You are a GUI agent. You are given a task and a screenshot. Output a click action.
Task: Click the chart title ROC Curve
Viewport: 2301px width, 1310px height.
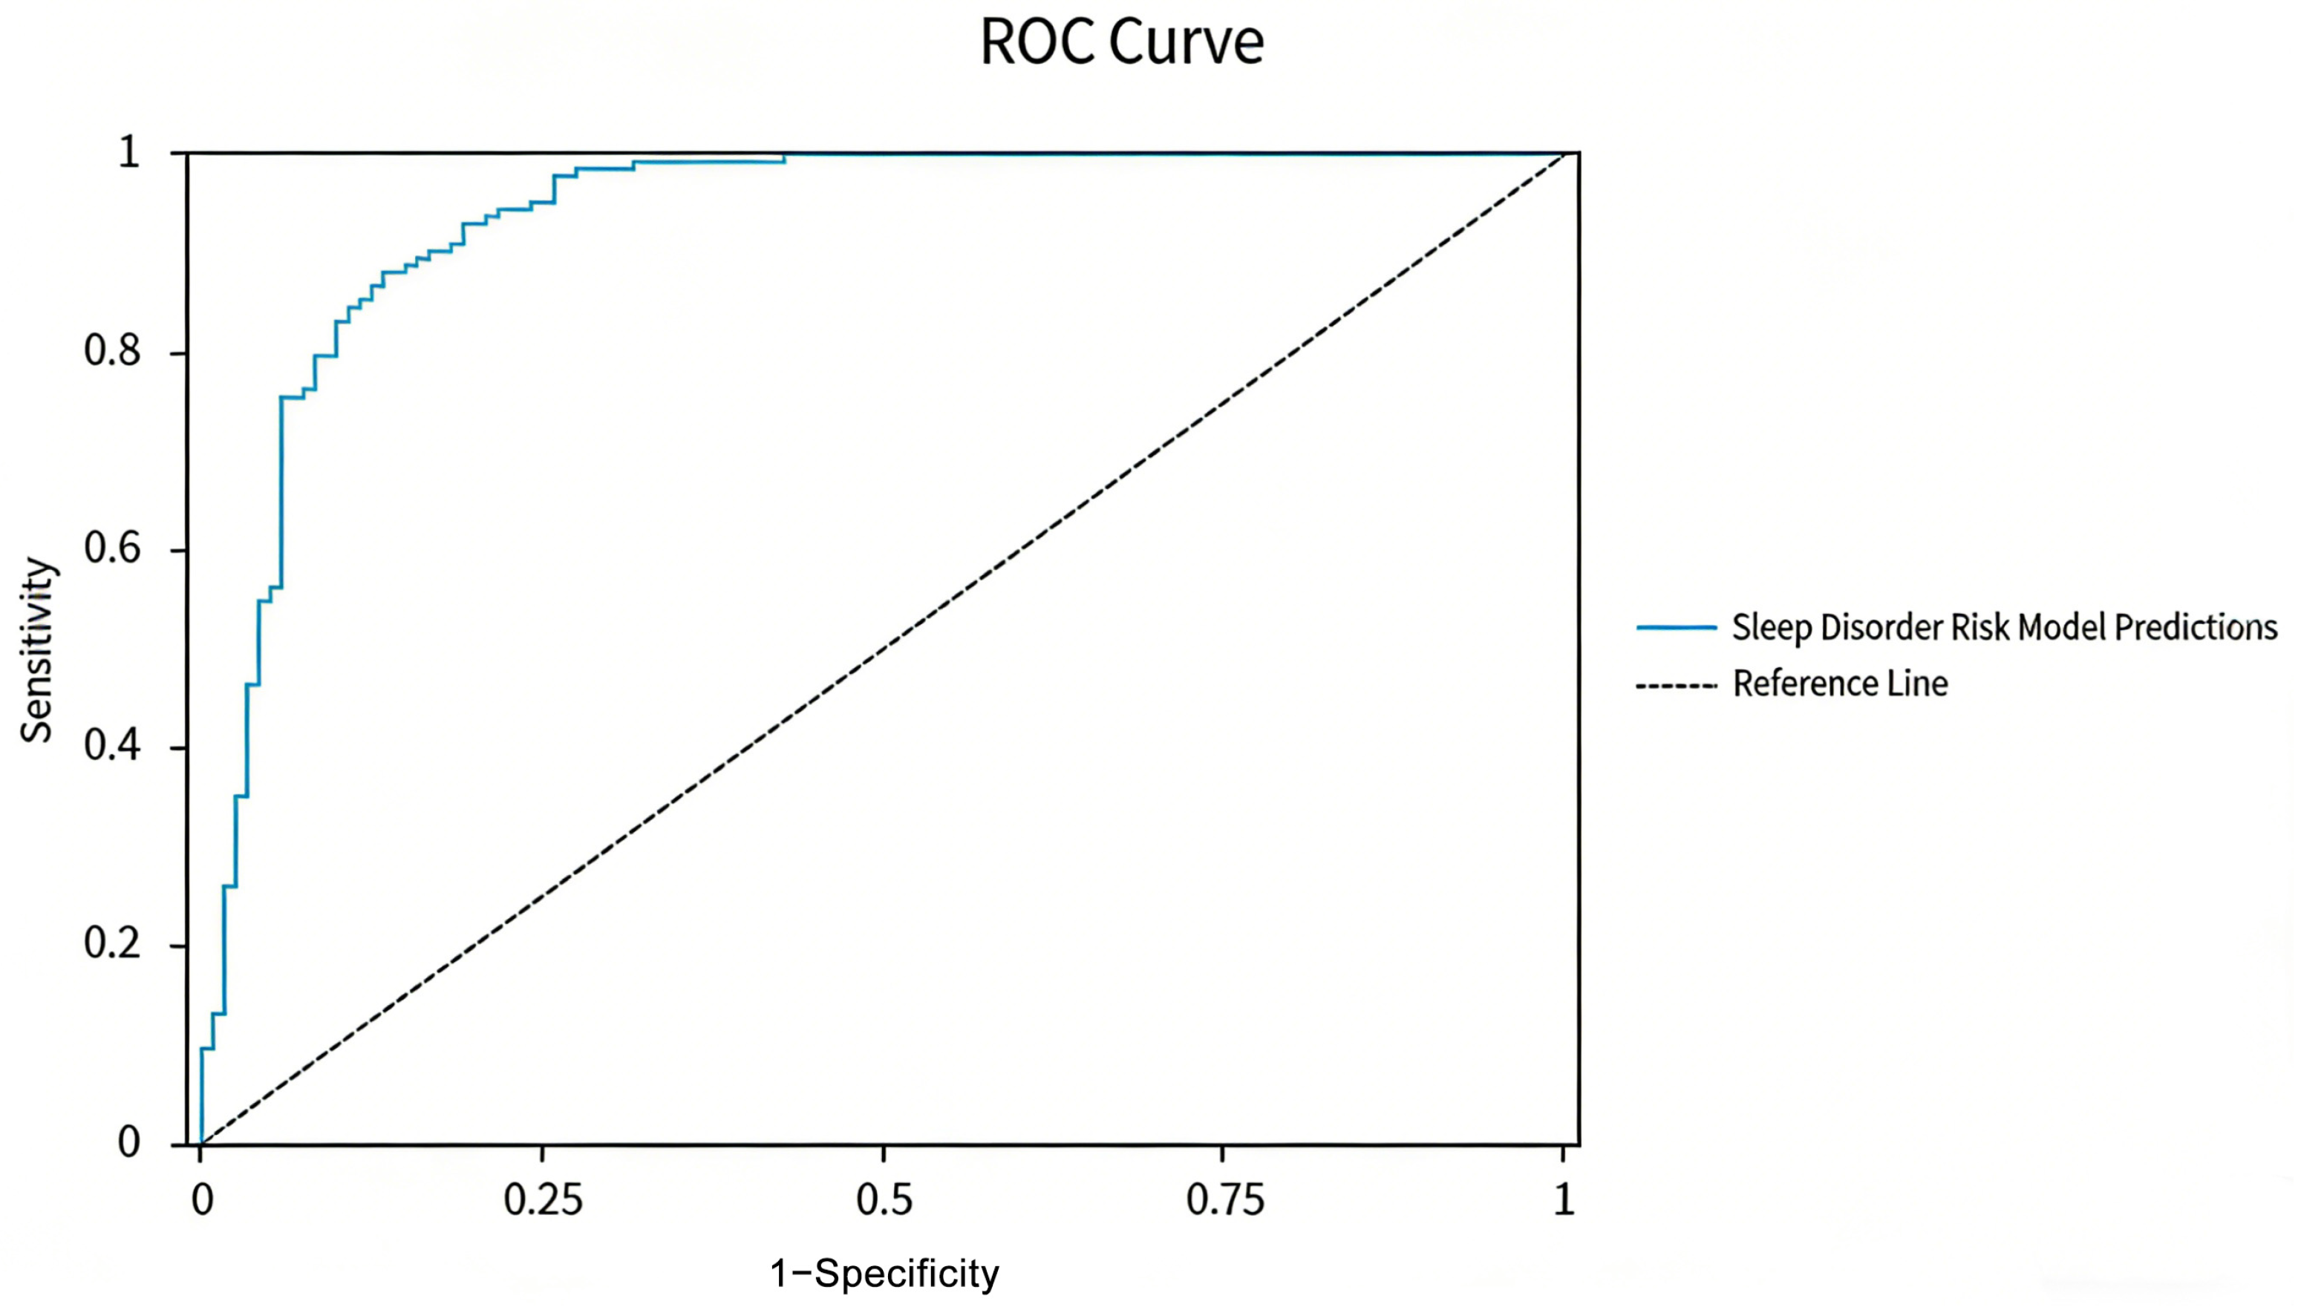point(1121,42)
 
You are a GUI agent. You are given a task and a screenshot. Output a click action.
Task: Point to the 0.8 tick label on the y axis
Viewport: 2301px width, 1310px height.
point(112,351)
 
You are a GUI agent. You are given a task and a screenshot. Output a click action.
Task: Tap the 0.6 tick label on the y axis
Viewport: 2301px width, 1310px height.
point(112,548)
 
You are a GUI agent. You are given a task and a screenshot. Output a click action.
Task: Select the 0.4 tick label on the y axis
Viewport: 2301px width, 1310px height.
point(112,746)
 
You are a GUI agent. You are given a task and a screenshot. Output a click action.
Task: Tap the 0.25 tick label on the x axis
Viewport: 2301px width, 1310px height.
point(543,1200)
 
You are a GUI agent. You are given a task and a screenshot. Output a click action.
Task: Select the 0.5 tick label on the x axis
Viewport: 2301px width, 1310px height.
point(884,1200)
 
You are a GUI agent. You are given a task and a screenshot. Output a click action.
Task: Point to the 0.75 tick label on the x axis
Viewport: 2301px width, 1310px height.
point(1224,1200)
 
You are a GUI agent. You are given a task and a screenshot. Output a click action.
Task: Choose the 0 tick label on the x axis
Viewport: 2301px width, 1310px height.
point(203,1200)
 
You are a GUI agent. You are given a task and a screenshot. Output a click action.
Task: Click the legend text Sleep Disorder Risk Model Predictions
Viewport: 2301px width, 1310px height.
point(2004,628)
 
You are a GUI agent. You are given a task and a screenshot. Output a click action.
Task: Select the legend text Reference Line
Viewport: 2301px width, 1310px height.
point(1840,684)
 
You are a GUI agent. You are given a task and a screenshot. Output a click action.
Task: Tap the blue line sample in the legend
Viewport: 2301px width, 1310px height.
point(1676,627)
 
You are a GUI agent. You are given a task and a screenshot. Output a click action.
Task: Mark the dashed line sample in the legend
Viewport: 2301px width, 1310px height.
point(1676,687)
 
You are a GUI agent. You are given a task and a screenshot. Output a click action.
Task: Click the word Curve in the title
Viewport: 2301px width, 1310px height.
point(1186,42)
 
